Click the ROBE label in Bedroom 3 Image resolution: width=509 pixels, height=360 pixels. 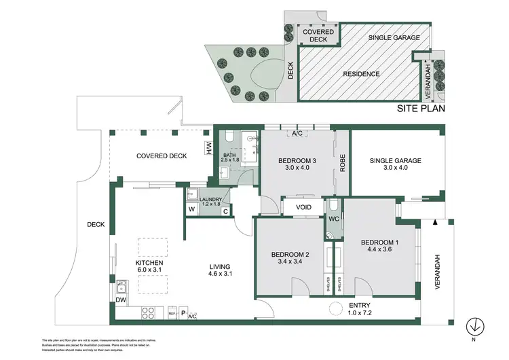(x=343, y=164)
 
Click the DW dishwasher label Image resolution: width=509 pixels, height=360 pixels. (x=121, y=299)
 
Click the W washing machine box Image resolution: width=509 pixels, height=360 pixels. (x=191, y=211)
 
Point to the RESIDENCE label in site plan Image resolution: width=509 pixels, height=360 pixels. (x=360, y=73)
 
